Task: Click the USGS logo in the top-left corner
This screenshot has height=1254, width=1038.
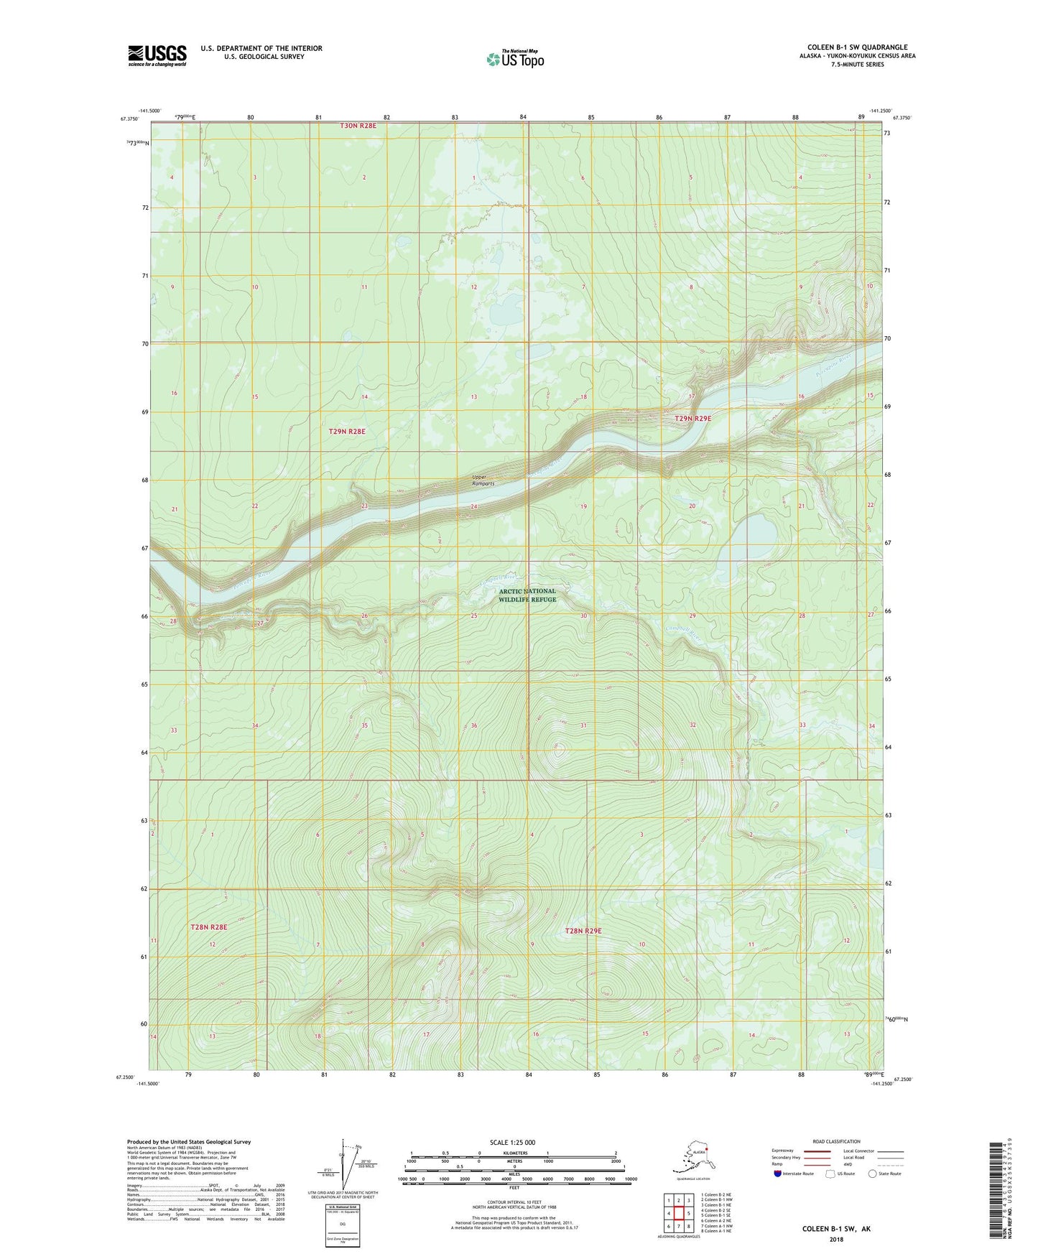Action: pyautogui.click(x=157, y=55)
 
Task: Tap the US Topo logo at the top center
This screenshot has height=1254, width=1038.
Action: pyautogui.click(x=514, y=58)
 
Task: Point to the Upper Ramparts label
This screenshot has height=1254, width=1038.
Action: pyautogui.click(x=483, y=480)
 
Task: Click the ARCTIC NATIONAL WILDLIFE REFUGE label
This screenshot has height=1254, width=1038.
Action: pyautogui.click(x=527, y=595)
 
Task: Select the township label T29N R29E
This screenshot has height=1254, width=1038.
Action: pyautogui.click(x=692, y=419)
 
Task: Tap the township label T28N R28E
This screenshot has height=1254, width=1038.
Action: pyautogui.click(x=208, y=927)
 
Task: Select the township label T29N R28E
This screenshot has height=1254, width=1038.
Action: pyautogui.click(x=347, y=432)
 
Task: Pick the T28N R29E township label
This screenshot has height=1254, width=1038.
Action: pyautogui.click(x=583, y=931)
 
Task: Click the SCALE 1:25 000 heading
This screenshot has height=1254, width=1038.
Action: pyautogui.click(x=512, y=1143)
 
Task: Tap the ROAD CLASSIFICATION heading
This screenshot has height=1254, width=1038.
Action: pyautogui.click(x=836, y=1141)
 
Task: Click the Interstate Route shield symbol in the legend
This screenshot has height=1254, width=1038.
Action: pyautogui.click(x=778, y=1174)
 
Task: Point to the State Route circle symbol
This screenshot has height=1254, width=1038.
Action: pyautogui.click(x=873, y=1174)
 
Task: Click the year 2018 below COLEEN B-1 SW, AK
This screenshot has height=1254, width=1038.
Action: pyautogui.click(x=836, y=1239)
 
